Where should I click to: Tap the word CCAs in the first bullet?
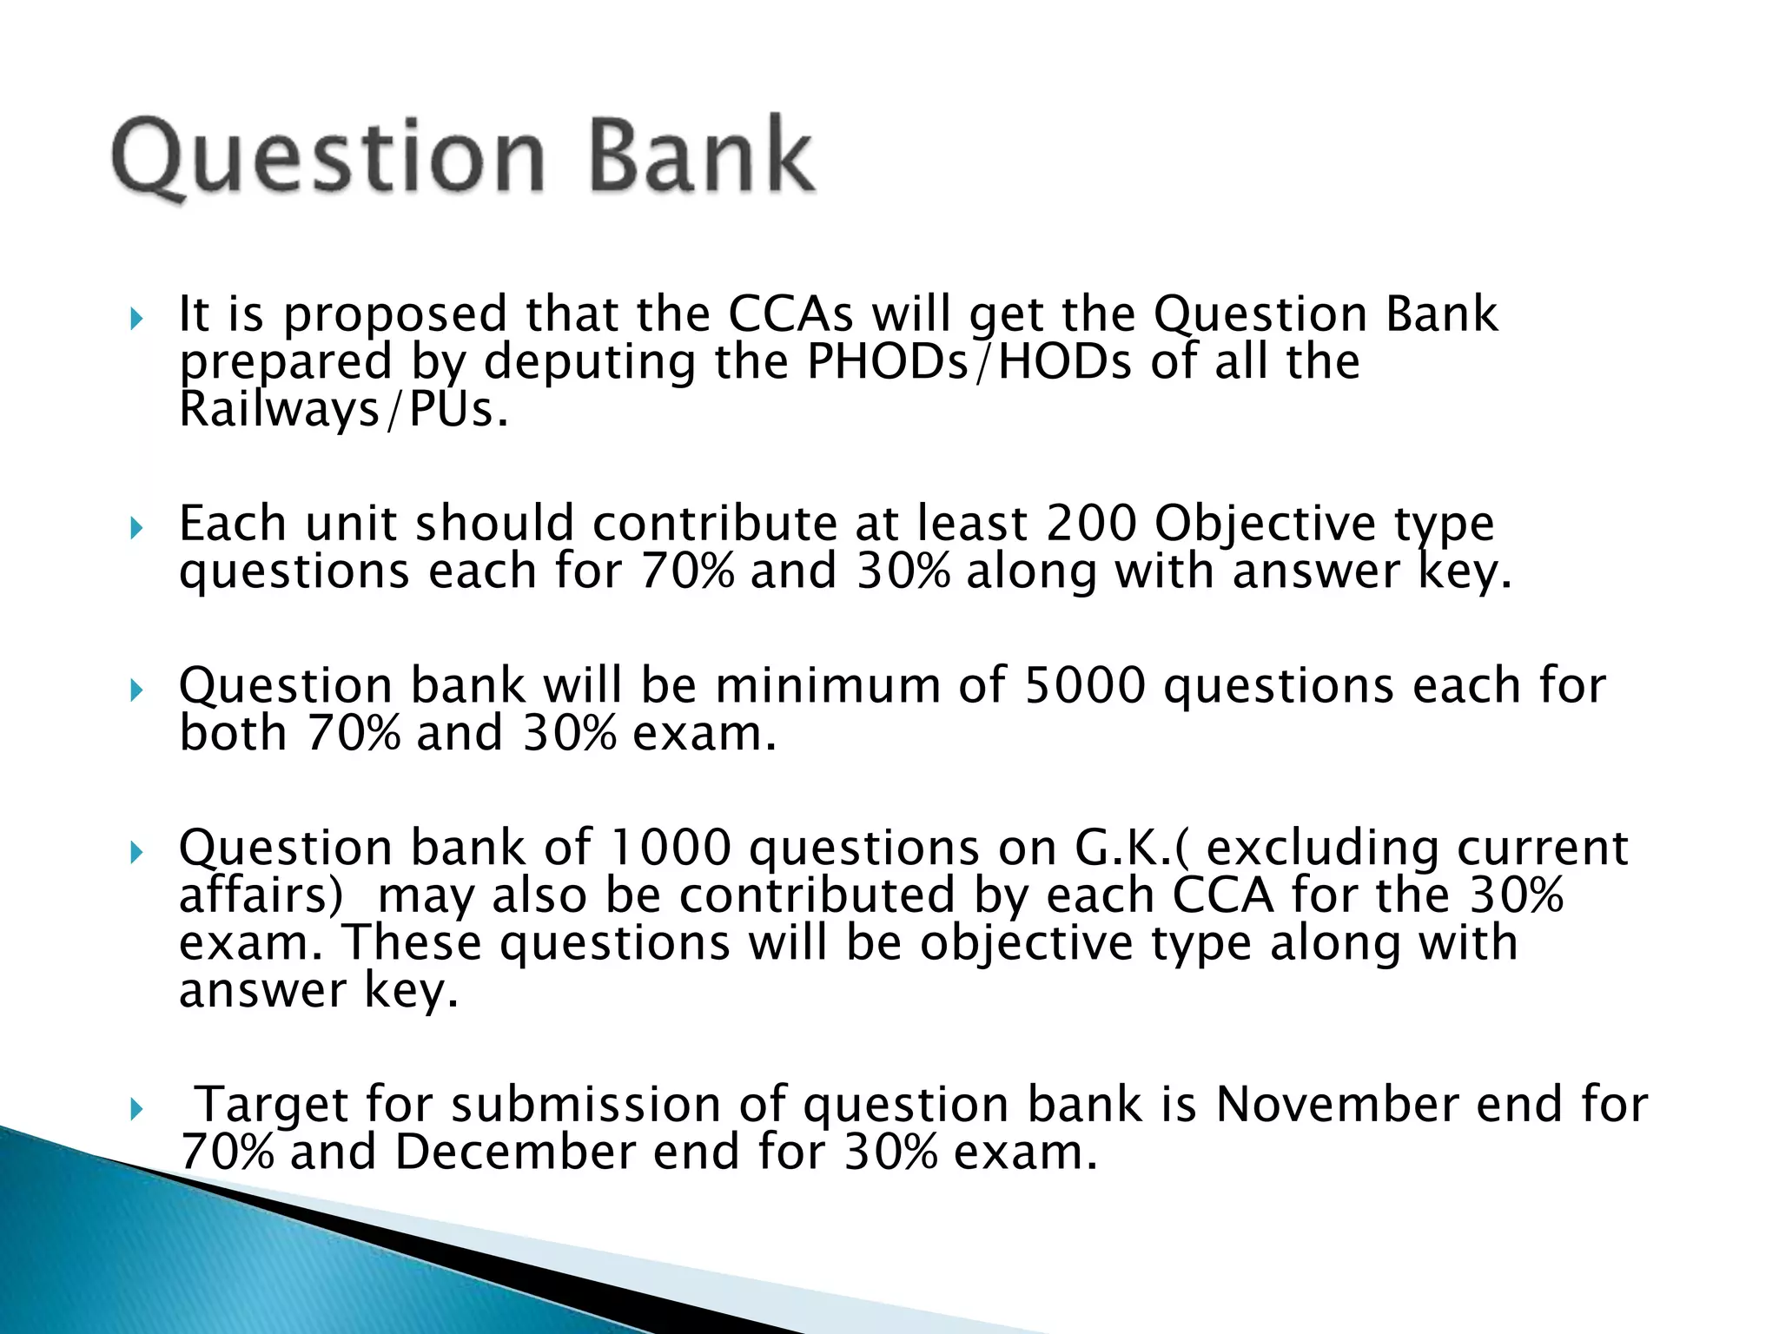[790, 314]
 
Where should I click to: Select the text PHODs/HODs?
[969, 362]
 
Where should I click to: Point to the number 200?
[1091, 524]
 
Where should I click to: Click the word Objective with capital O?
[1265, 525]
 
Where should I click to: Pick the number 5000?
[1085, 686]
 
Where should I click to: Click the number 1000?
[671, 848]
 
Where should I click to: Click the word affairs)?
[261, 895]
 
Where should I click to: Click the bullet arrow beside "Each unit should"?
[136, 527]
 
